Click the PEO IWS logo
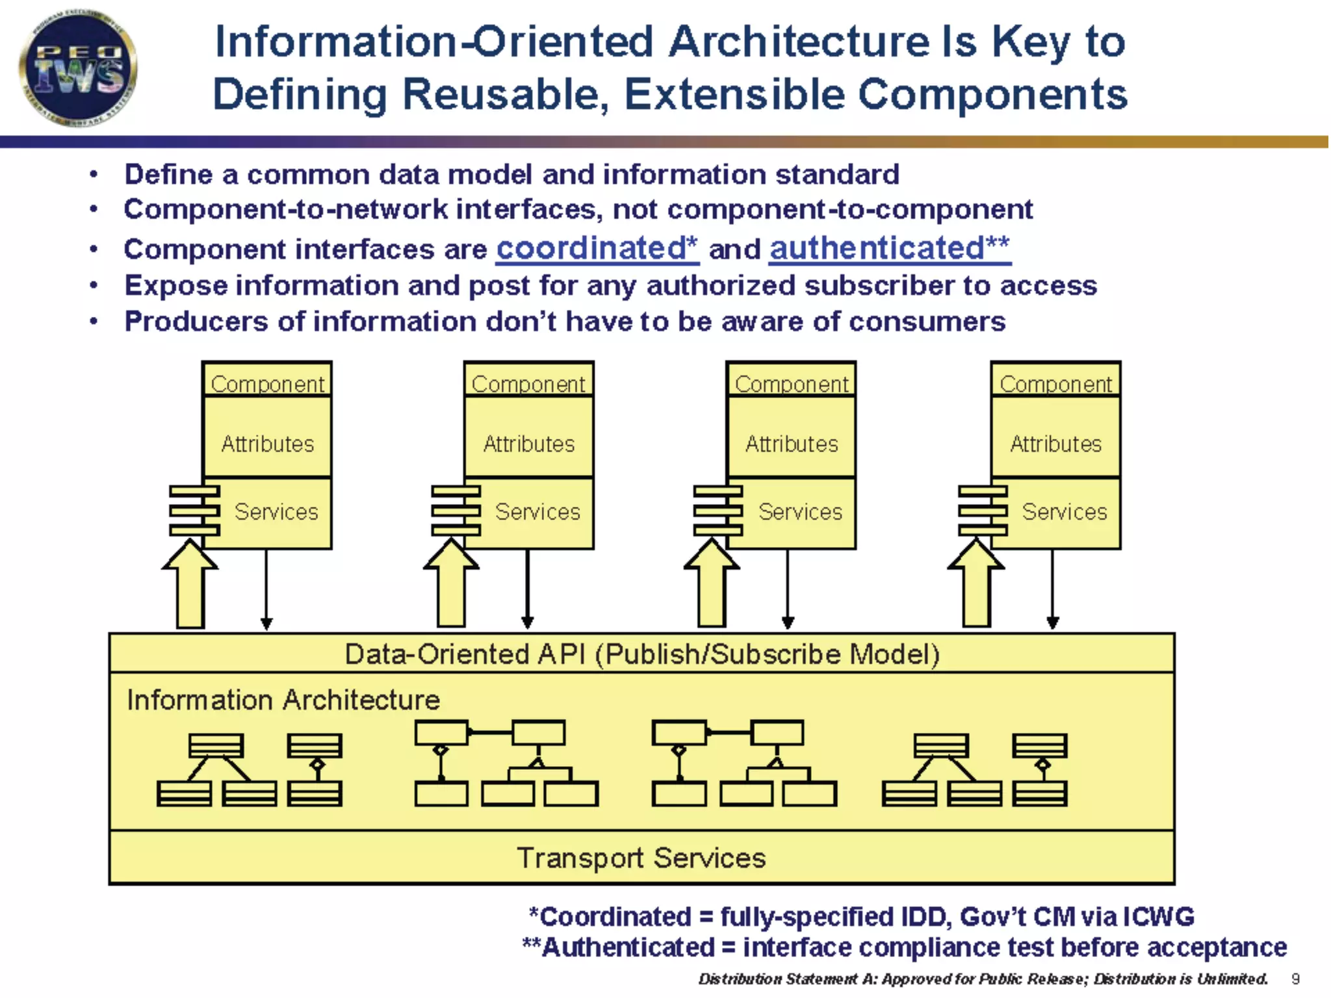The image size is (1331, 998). (x=78, y=69)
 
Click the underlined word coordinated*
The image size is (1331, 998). (x=597, y=249)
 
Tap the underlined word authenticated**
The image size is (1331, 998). (x=890, y=249)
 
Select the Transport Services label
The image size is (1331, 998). (x=641, y=858)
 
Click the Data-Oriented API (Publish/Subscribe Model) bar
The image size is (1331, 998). (x=641, y=654)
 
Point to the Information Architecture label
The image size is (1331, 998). (x=283, y=700)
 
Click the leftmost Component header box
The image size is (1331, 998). (x=267, y=383)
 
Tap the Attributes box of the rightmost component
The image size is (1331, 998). (x=1055, y=444)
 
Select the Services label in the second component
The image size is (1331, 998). (x=537, y=511)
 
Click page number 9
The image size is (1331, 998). (x=1295, y=979)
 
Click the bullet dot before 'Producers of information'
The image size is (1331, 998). (x=94, y=322)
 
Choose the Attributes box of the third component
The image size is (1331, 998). (x=792, y=444)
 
